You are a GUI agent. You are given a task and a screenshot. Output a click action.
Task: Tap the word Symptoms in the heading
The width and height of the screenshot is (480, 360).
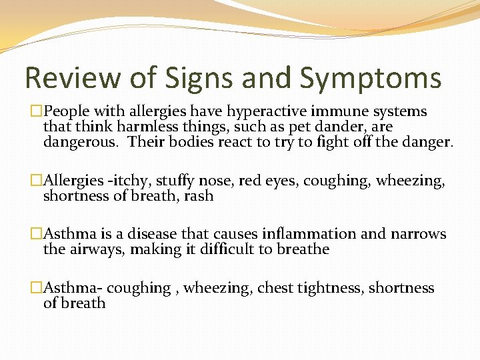point(371,78)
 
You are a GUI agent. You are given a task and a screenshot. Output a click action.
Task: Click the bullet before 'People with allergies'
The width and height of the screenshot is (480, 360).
point(37,111)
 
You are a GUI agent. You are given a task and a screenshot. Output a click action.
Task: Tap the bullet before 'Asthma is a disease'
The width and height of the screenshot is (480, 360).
point(37,234)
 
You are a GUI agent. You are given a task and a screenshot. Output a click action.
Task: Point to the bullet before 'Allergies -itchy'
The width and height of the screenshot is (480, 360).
point(37,181)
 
